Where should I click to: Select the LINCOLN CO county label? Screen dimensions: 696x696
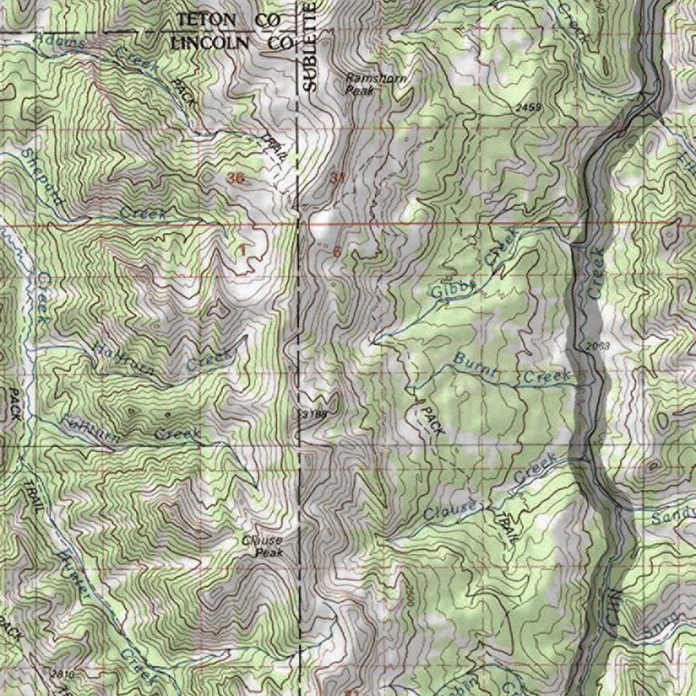[x=231, y=42]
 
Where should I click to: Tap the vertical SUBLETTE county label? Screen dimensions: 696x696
[x=310, y=46]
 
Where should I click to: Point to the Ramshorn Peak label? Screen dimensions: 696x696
[x=376, y=84]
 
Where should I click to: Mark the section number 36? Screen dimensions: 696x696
[x=235, y=178]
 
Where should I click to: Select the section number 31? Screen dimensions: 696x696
[x=338, y=178]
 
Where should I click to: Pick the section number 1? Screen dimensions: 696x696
[x=242, y=249]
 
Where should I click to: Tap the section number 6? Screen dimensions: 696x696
[x=337, y=251]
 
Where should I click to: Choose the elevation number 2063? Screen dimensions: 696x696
[x=597, y=347]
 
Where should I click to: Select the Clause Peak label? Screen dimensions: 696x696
[x=263, y=546]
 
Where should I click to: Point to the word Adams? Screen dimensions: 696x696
[x=63, y=42]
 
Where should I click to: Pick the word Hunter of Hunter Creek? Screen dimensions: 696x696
[x=75, y=574]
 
